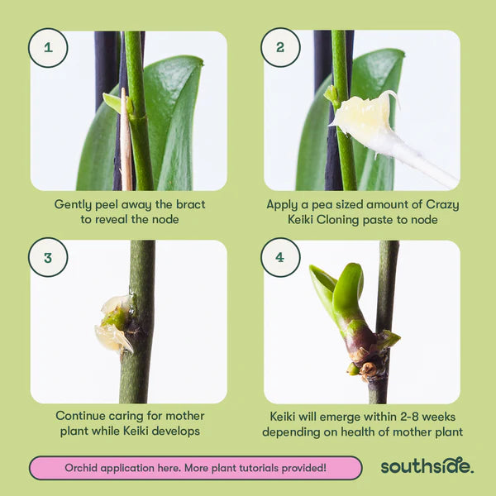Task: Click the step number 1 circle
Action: [x=48, y=47]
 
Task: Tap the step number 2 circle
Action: [x=280, y=47]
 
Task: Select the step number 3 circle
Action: [x=48, y=257]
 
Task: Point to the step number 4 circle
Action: [x=280, y=257]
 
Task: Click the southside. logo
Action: [x=427, y=466]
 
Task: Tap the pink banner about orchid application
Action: [x=195, y=468]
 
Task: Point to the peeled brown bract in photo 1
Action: [x=126, y=141]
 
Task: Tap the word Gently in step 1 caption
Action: [x=73, y=204]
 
